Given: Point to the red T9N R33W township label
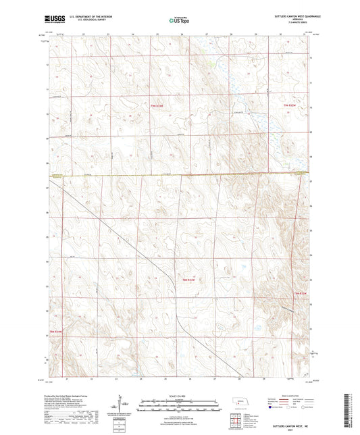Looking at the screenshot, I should pyautogui.click(x=157, y=105).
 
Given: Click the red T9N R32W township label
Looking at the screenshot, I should pyautogui.click(x=290, y=105).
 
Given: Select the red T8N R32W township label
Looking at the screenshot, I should pyautogui.click(x=301, y=293).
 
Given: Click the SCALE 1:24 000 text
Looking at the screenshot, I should pyautogui.click(x=180, y=396).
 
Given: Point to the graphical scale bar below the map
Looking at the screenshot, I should pyautogui.click(x=180, y=407).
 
